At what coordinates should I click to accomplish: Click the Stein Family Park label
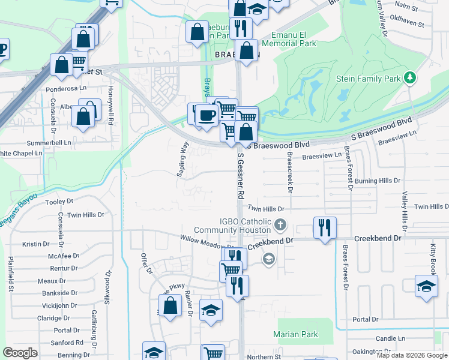point(376,79)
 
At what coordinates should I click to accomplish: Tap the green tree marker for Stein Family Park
point(411,77)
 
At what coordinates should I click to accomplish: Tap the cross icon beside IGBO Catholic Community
point(280,226)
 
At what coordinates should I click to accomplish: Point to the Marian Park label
point(295,334)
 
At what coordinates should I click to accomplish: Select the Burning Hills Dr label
point(377,181)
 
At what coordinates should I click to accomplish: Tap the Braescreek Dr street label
point(290,171)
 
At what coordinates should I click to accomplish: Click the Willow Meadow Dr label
point(206,242)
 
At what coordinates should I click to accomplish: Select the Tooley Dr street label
point(59,202)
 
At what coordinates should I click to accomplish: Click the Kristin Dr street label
point(35,244)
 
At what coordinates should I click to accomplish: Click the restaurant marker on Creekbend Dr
point(325,228)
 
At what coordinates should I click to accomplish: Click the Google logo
point(20,353)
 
